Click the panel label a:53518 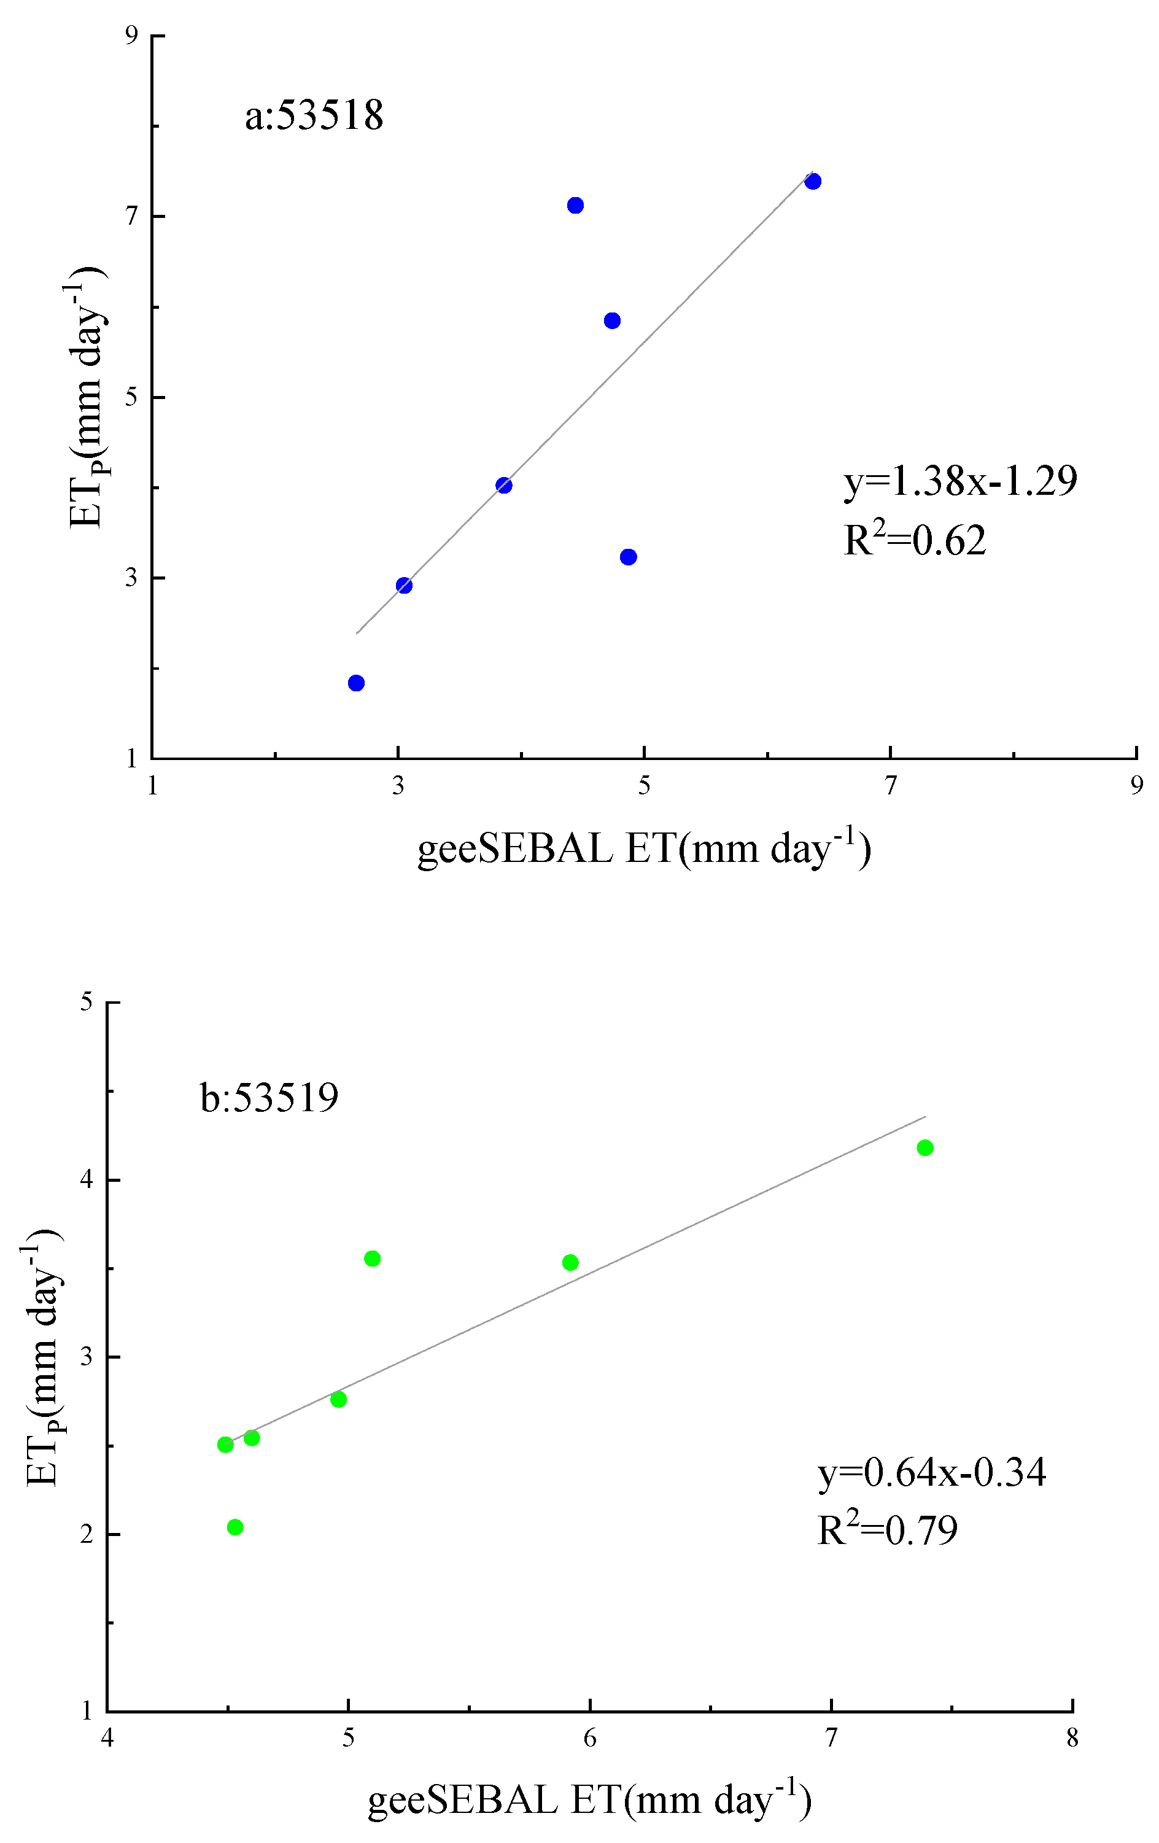coord(314,116)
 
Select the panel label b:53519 coord(269,1098)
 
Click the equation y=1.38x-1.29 coord(960,481)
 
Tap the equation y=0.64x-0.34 coord(931,1472)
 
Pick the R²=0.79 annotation coord(886,1529)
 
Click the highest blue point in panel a coord(813,181)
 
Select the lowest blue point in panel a coord(356,683)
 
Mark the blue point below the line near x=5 coord(629,556)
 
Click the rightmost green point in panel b coord(924,1147)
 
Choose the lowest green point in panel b coord(235,1527)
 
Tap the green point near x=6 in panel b coord(570,1262)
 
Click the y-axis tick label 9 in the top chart coord(131,35)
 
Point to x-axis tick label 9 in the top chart coord(1137,785)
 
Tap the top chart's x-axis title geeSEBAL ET coord(644,850)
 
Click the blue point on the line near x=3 coord(404,586)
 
